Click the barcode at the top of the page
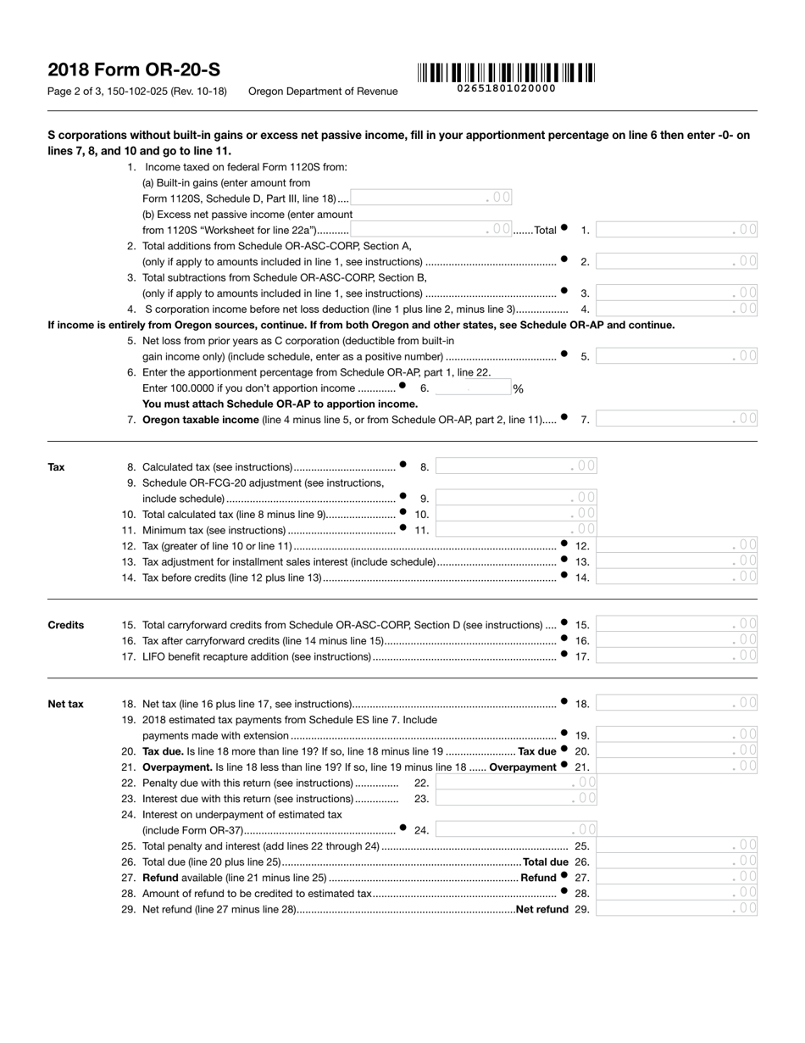[506, 73]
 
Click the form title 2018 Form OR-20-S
[134, 70]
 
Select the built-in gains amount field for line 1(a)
[430, 198]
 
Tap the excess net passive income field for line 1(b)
[430, 229]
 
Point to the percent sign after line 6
[519, 389]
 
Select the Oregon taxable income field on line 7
[676, 419]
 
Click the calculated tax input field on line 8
[516, 466]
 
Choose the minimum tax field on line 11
[516, 530]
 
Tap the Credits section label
[66, 625]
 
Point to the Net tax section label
[65, 704]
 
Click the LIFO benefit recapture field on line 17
[676, 656]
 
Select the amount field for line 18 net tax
[676, 703]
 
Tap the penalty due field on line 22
[516, 783]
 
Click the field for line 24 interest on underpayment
[516, 830]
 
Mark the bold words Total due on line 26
[546, 862]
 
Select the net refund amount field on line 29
[676, 909]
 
